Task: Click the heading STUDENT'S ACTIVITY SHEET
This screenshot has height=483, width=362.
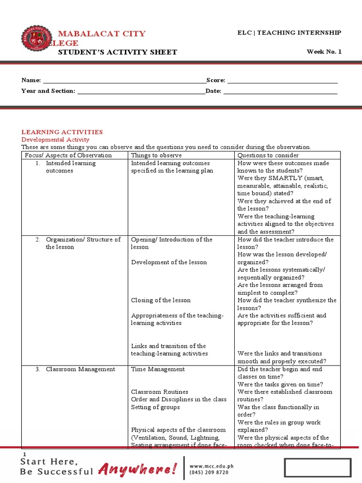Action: [x=117, y=52]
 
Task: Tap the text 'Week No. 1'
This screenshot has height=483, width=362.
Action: [x=324, y=52]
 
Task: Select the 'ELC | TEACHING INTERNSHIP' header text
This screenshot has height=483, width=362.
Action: [x=289, y=33]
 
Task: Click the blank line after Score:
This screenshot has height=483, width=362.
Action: [x=282, y=81]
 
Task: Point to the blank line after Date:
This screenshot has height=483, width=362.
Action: [x=280, y=91]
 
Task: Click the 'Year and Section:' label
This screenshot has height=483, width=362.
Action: [x=48, y=91]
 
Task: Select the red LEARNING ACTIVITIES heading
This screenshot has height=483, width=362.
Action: [x=62, y=132]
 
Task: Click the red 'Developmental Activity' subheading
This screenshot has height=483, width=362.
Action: [x=56, y=140]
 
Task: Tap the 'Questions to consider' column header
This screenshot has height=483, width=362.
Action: [x=268, y=155]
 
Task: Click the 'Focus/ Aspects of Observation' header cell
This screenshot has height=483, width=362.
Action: [x=68, y=155]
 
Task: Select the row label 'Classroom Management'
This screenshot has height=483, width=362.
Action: [x=80, y=369]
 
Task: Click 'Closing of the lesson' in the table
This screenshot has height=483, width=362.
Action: [x=161, y=300]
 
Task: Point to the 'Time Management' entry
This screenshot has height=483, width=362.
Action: [x=158, y=369]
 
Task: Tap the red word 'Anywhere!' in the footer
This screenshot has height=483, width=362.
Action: [x=138, y=469]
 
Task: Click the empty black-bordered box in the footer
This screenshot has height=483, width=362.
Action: [x=317, y=467]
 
